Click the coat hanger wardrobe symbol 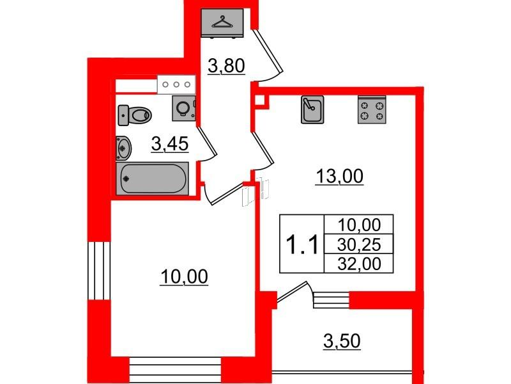pos(222,23)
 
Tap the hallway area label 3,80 pos(226,66)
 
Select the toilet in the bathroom pos(135,115)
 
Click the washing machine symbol pos(184,108)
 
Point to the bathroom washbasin pos(123,148)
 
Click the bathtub pos(152,179)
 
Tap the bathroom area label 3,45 pos(170,144)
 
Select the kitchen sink pos(312,109)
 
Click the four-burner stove pos(372,109)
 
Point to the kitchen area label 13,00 pos(339,177)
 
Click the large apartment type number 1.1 pos(301,245)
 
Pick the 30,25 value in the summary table pos(359,244)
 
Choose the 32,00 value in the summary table pos(359,264)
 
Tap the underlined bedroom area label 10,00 pos(184,277)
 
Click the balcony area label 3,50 pos(342,341)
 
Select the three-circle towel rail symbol pos(176,84)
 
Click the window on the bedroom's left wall pos(100,270)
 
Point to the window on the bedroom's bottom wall pos(175,370)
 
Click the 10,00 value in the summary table pos(359,225)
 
